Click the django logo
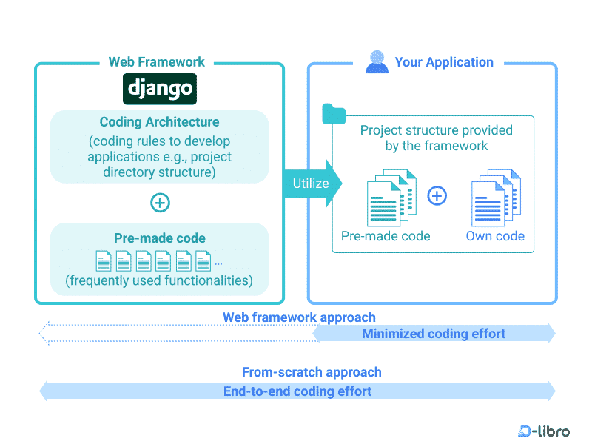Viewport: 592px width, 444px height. [159, 89]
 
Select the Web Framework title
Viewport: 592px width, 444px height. [157, 62]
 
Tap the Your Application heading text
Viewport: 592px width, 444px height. [444, 62]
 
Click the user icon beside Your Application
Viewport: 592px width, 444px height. [377, 62]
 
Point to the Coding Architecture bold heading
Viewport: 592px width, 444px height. [159, 122]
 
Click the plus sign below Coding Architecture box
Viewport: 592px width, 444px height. [159, 203]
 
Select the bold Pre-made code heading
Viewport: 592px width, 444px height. [159, 238]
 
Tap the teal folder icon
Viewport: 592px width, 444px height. [334, 115]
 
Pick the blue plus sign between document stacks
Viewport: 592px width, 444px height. [437, 196]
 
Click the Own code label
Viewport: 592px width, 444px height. [495, 237]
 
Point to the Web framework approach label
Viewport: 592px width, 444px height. [299, 317]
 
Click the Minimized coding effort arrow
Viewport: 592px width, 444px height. [434, 334]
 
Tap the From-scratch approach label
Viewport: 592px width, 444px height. [312, 372]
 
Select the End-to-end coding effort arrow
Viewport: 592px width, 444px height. [297, 391]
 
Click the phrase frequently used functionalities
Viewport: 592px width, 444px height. [159, 280]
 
